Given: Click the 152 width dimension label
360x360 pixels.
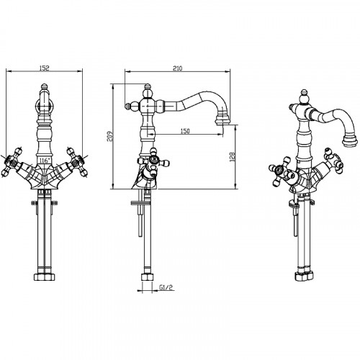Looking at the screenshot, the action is [x=44, y=68].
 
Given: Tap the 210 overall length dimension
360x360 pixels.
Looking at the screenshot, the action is [x=177, y=68].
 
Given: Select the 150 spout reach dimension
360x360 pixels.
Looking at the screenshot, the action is [x=185, y=131].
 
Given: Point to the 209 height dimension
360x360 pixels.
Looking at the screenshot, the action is [x=109, y=136].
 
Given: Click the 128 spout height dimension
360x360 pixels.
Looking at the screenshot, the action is [x=233, y=157].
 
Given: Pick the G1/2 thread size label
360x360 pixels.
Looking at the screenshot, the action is [x=166, y=287].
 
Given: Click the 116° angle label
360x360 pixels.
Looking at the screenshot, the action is [x=45, y=161].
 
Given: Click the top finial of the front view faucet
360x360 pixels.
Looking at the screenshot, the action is [x=44, y=87].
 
